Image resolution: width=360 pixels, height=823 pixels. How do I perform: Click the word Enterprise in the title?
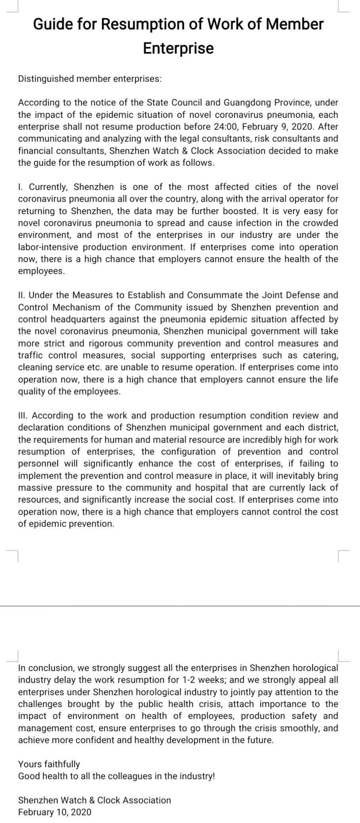tap(178, 48)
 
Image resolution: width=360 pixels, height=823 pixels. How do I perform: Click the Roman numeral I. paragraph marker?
tap(21, 187)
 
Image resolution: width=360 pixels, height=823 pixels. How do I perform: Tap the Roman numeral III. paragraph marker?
tap(23, 416)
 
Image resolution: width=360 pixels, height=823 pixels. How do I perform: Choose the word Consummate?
tap(214, 295)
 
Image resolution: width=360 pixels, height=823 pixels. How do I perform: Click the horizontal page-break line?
tap(180, 606)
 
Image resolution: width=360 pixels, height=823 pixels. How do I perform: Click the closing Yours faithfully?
tap(49, 764)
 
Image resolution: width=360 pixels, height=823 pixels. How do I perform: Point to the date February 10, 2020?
tap(55, 812)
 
